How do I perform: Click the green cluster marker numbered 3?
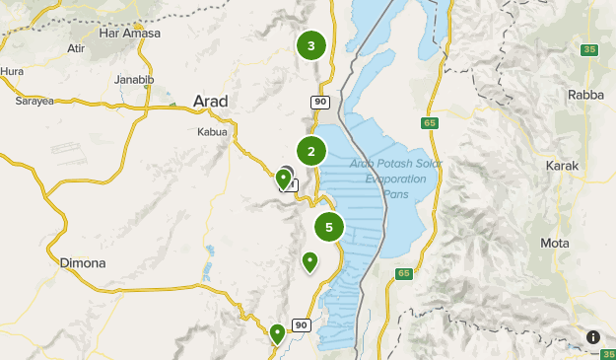point(311,45)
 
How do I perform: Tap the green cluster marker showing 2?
point(311,151)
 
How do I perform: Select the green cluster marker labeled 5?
point(328,227)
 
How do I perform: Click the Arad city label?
point(211,102)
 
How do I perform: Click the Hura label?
point(12,71)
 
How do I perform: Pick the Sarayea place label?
point(34,101)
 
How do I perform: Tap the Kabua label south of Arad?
point(212,131)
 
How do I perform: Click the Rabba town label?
point(585,94)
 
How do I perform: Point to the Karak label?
point(562,166)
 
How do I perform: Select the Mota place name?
point(555,243)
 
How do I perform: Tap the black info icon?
point(593,336)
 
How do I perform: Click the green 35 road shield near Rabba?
point(590,49)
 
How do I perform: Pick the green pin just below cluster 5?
point(310,261)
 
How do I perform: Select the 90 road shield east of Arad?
point(320,102)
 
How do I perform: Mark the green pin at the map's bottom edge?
point(278,333)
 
